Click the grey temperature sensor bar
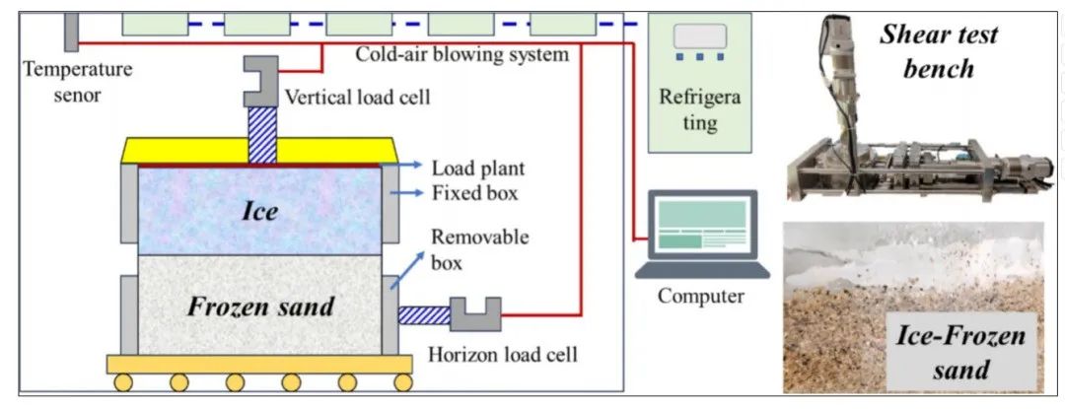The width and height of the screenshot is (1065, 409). click(71, 32)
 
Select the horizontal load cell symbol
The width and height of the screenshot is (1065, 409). click(475, 314)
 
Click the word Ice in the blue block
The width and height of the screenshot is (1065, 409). click(260, 211)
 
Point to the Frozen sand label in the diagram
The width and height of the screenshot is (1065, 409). click(260, 307)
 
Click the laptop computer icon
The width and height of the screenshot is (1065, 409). click(702, 235)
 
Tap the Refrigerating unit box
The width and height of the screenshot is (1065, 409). click(700, 83)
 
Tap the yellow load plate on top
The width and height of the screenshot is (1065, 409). click(259, 151)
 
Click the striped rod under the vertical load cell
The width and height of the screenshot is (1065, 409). click(262, 135)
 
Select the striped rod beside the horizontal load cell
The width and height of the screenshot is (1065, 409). click(424, 315)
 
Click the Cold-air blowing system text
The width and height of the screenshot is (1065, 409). click(462, 54)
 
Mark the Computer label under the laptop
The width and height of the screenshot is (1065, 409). click(701, 296)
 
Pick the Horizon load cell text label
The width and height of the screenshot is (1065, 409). click(503, 353)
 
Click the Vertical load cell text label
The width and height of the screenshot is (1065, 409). click(357, 97)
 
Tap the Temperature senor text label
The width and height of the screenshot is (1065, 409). click(78, 81)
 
